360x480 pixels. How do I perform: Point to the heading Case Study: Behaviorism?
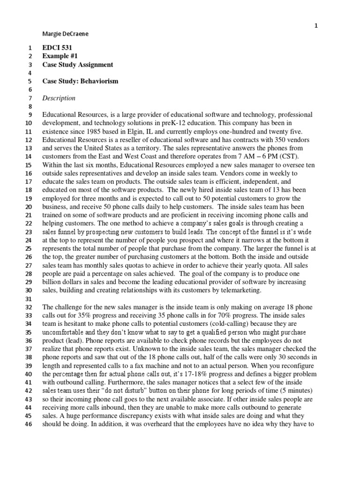coord(80,81)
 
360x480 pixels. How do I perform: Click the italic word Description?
coord(59,98)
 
